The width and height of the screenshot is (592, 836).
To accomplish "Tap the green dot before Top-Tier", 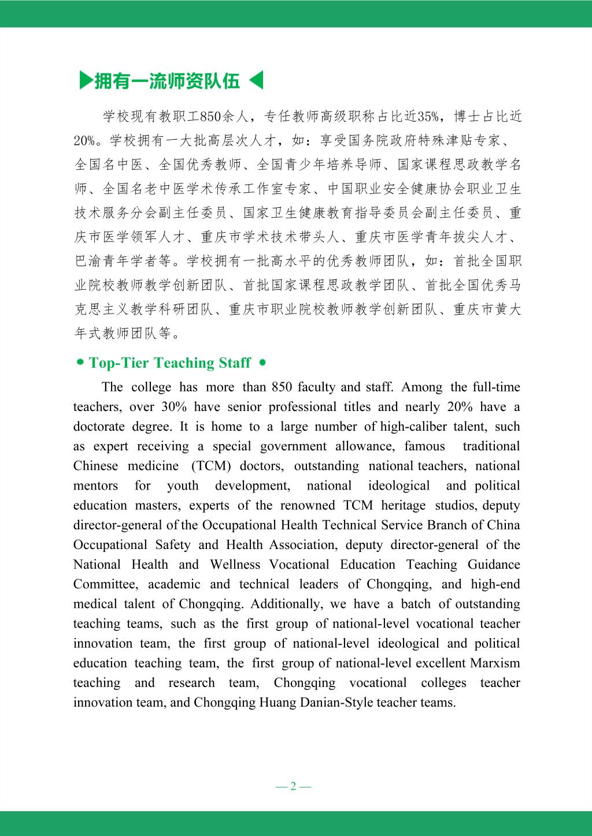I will click(80, 363).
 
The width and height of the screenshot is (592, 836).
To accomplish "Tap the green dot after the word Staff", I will click(262, 363).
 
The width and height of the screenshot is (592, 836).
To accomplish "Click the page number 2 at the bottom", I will click(293, 786).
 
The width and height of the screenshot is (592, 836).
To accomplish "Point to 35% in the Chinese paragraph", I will click(428, 117).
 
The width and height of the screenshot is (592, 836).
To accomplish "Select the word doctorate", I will click(99, 427).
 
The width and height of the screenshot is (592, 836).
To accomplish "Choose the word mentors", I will click(95, 486).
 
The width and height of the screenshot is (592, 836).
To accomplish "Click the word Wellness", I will click(235, 565).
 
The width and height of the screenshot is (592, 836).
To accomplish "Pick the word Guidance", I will click(494, 565).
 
